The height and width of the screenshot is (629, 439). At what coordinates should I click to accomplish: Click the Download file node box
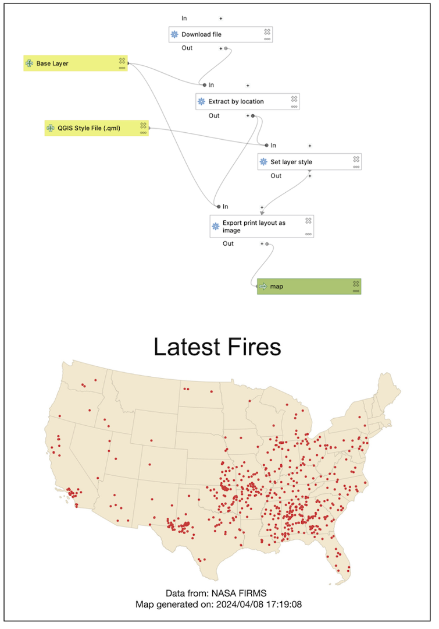pyautogui.click(x=220, y=34)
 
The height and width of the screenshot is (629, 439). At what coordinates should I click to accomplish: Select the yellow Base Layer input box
pyautogui.click(x=75, y=63)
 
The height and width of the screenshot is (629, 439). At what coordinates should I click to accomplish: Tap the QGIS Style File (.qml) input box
pyautogui.click(x=96, y=128)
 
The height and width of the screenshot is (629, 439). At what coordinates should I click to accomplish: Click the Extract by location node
pyautogui.click(x=247, y=101)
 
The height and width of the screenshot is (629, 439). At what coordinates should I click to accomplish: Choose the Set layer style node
pyautogui.click(x=309, y=162)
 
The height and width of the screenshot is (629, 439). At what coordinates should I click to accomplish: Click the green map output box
pyautogui.click(x=309, y=287)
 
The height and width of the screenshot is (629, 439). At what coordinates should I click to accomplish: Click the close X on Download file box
pyautogui.click(x=267, y=31)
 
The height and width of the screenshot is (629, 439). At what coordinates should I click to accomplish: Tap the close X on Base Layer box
pyautogui.click(x=122, y=61)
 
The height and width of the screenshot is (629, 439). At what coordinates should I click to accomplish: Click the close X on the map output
pyautogui.click(x=356, y=284)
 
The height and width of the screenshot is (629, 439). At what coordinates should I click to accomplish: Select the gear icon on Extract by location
pyautogui.click(x=202, y=101)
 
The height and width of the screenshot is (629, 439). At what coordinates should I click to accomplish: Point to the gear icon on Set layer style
pyautogui.click(x=263, y=162)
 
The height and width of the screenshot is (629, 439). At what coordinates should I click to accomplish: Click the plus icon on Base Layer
pyautogui.click(x=29, y=63)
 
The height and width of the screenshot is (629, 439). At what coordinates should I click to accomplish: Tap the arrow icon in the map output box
pyautogui.click(x=263, y=287)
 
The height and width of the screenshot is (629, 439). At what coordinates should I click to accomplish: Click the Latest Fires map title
pyautogui.click(x=217, y=347)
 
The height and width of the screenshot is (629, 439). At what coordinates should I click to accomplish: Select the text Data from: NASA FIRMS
pyautogui.click(x=216, y=593)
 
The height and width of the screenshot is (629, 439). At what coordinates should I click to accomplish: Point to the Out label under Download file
pyautogui.click(x=187, y=48)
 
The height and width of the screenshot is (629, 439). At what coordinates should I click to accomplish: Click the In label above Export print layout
pyautogui.click(x=225, y=207)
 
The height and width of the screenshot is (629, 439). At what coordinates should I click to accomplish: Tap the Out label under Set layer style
pyautogui.click(x=276, y=176)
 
